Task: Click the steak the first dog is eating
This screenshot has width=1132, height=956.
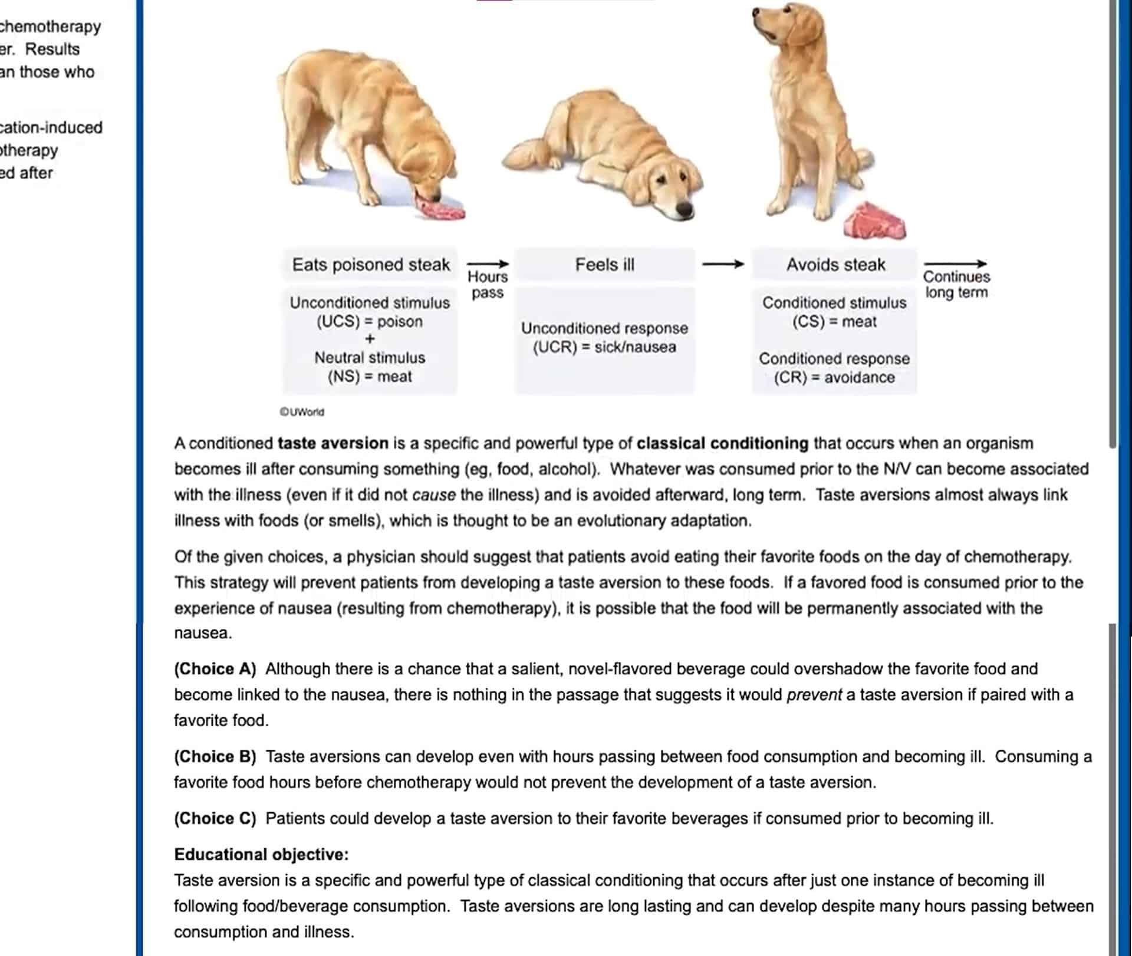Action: pyautogui.click(x=441, y=209)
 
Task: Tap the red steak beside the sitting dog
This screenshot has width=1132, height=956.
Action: pyautogui.click(x=874, y=222)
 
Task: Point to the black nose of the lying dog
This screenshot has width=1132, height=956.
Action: pyautogui.click(x=684, y=208)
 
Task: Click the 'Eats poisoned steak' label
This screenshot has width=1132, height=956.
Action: pyautogui.click(x=371, y=265)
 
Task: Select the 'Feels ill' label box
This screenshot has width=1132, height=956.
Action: pyautogui.click(x=605, y=265)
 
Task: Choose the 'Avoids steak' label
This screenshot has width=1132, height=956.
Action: pyautogui.click(x=835, y=265)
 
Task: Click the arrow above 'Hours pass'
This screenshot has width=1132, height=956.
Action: pyautogui.click(x=488, y=263)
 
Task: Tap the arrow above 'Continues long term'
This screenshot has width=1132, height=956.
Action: pyautogui.click(x=955, y=263)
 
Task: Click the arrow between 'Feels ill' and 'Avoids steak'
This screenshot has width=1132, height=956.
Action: pyautogui.click(x=723, y=264)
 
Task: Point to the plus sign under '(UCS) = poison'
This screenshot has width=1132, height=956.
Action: pyautogui.click(x=370, y=339)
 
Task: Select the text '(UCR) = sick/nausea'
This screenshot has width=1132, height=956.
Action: pyautogui.click(x=604, y=347)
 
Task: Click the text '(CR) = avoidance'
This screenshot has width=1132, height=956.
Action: pyautogui.click(x=834, y=377)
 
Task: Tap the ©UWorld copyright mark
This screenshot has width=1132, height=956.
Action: pyautogui.click(x=302, y=412)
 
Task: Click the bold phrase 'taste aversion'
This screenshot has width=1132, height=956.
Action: pyautogui.click(x=333, y=443)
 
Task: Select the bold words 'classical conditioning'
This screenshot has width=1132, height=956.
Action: pyautogui.click(x=722, y=443)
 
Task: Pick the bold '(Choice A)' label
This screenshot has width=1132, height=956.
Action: pyautogui.click(x=215, y=669)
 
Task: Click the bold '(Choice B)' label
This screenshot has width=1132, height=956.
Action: pyautogui.click(x=215, y=756)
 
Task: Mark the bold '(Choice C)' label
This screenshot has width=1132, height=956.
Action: pyautogui.click(x=215, y=818)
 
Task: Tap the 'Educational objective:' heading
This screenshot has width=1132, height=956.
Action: pyautogui.click(x=261, y=854)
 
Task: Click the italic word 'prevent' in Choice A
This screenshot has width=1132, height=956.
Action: pyautogui.click(x=814, y=695)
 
